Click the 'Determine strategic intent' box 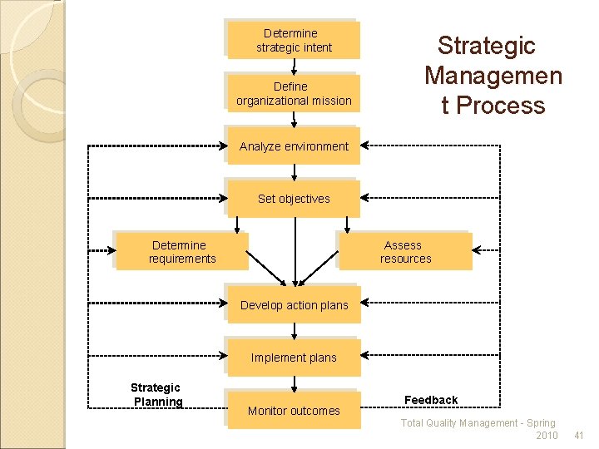click(294, 40)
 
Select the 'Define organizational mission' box click(294, 93)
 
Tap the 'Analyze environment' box click(294, 146)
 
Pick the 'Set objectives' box click(294, 199)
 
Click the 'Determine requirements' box click(181, 251)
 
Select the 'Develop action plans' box click(294, 305)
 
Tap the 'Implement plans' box click(294, 358)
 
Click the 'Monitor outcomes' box click(294, 410)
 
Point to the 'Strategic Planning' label click(156, 395)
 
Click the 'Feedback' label click(431, 400)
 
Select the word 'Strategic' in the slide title click(487, 46)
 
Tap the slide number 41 click(580, 436)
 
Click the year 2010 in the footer click(547, 436)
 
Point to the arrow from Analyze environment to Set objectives click(294, 173)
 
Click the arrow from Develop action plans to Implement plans click(294, 331)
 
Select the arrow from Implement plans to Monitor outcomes click(294, 383)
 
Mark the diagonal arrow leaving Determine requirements click(266, 269)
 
